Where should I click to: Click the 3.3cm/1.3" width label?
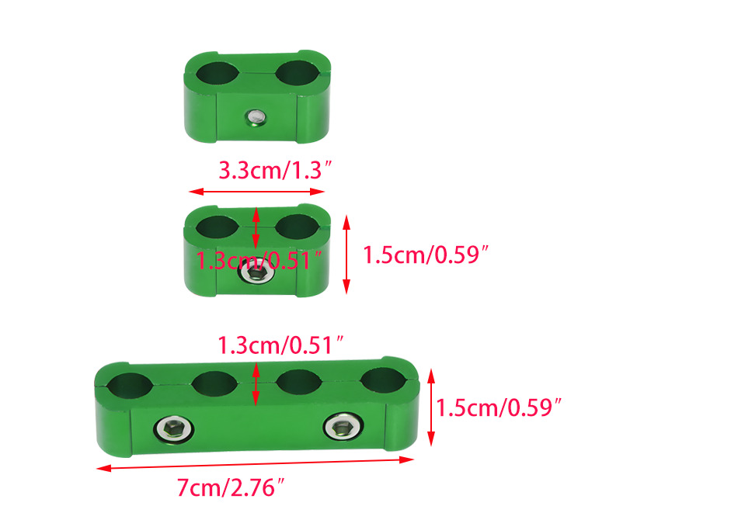[x=275, y=170]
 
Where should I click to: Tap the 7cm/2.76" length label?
[x=231, y=487]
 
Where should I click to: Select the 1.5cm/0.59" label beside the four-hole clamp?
[x=499, y=407]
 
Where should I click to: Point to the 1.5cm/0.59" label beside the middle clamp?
[x=426, y=255]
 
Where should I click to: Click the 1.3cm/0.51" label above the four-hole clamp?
[x=280, y=345]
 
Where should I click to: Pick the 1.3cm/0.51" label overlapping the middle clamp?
[x=259, y=261]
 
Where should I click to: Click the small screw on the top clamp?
[x=256, y=117]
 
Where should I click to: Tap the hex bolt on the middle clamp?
[x=256, y=272]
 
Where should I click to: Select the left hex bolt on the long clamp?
[x=173, y=429]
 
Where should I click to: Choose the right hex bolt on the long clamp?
[x=343, y=427]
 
